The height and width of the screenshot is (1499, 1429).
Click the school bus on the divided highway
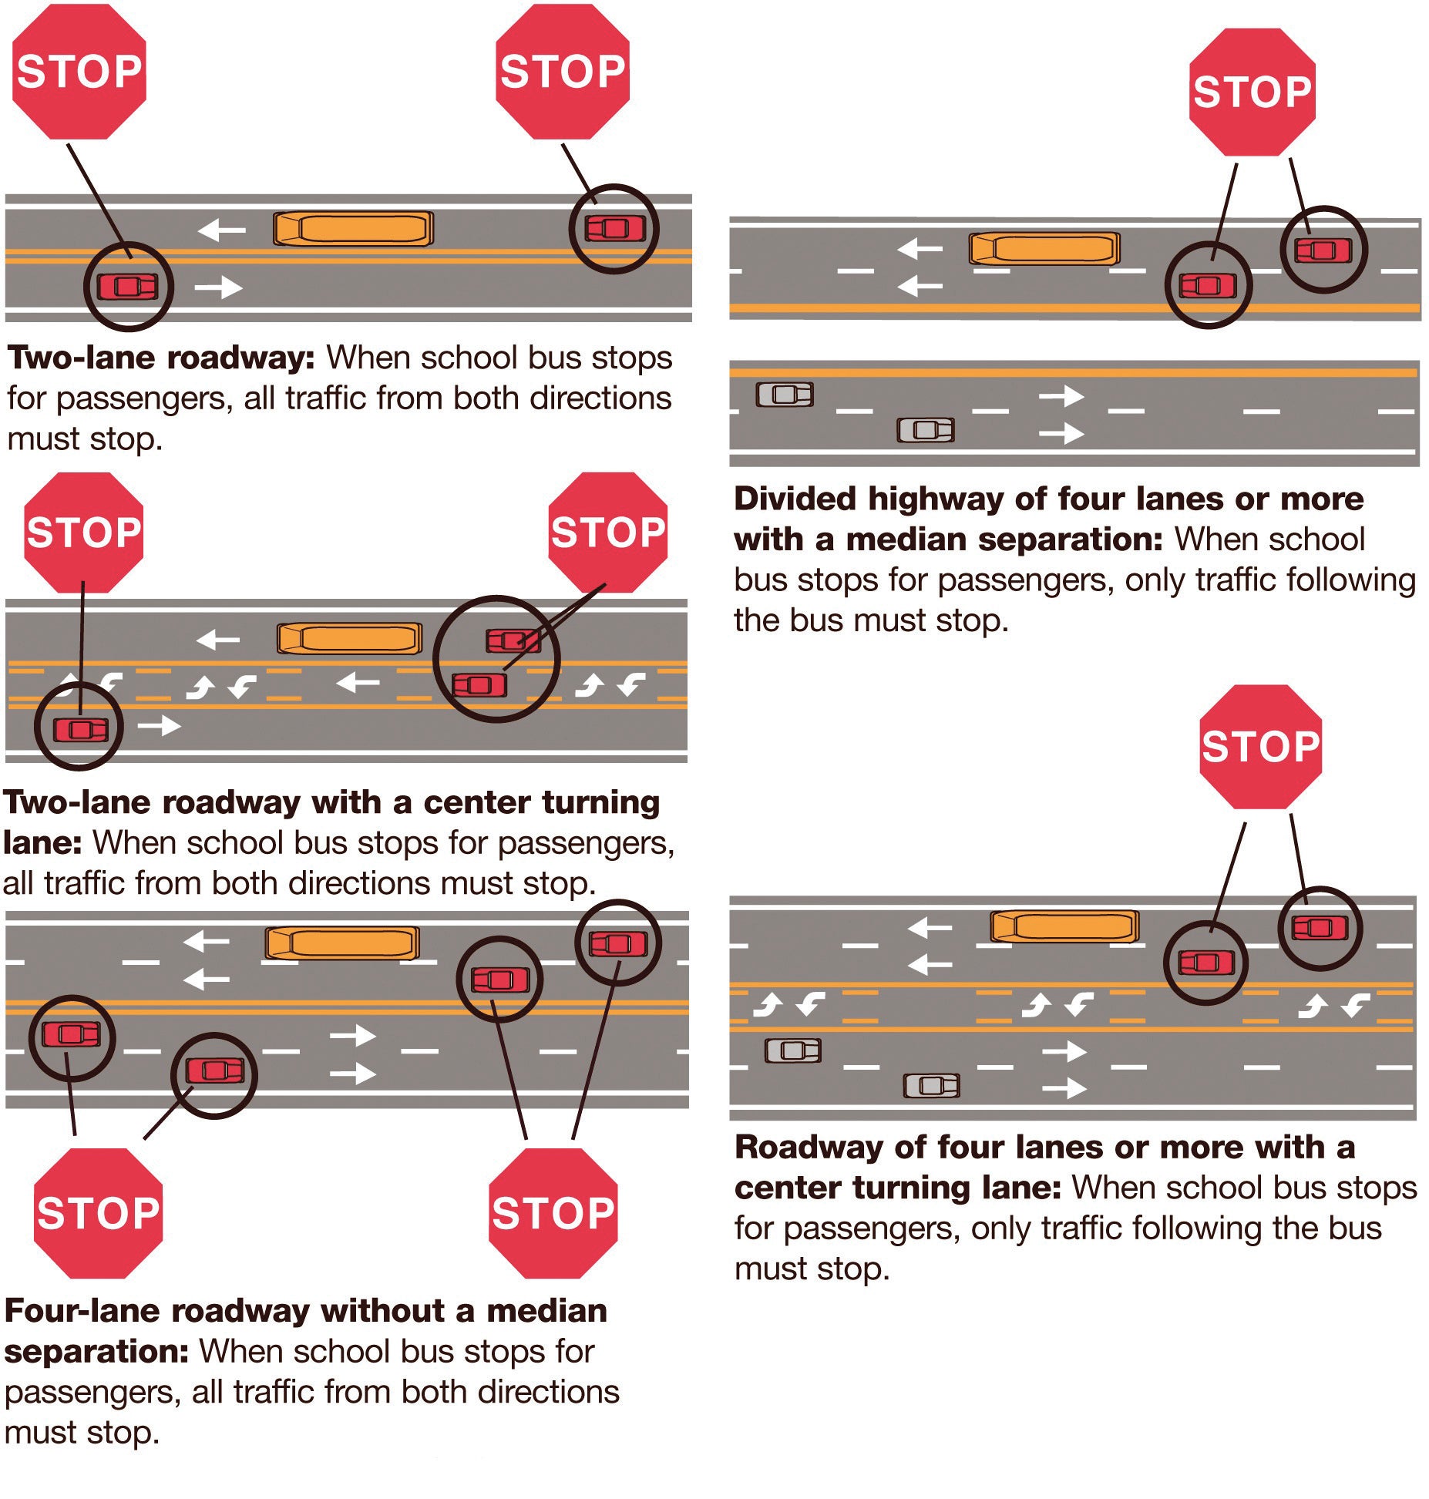[x=1044, y=249]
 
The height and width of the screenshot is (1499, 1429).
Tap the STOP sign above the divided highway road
[x=1252, y=92]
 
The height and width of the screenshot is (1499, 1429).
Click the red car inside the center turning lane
[x=479, y=684]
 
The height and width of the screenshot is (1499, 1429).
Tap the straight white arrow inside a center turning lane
[x=358, y=682]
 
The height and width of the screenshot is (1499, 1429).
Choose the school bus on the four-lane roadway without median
[x=342, y=943]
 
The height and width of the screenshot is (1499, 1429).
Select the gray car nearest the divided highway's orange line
[x=784, y=395]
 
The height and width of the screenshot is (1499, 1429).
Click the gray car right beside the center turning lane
[x=792, y=1050]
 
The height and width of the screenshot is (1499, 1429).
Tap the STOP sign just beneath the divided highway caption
[x=1260, y=746]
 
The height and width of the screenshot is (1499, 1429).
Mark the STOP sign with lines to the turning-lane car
[x=607, y=532]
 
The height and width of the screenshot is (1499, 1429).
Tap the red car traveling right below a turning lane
[x=80, y=728]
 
